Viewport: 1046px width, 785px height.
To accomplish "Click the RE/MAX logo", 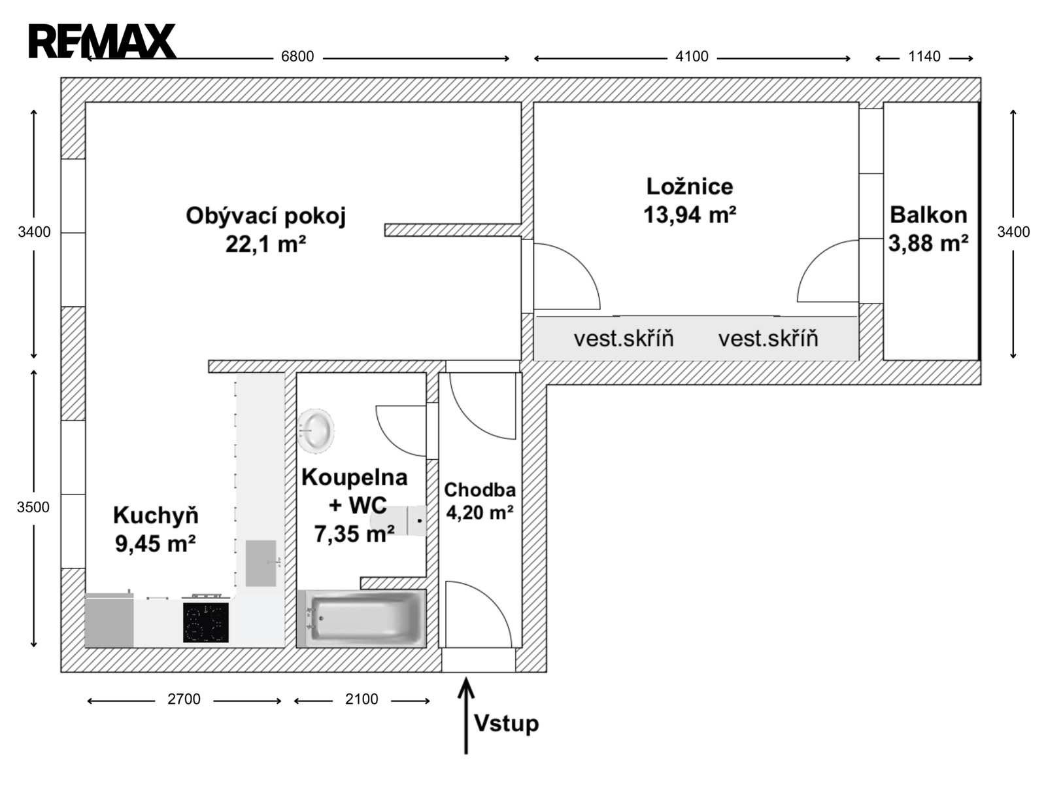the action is tap(103, 41).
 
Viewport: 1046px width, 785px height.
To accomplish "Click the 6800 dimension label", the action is tap(297, 57).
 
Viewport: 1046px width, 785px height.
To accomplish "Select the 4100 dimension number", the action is tap(692, 57).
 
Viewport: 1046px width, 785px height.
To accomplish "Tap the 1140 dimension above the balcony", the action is tap(924, 57).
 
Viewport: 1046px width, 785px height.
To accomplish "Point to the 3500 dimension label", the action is tap(33, 507).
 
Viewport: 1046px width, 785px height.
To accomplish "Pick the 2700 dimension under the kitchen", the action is tap(184, 699).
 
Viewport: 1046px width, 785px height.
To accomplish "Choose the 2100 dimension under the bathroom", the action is tap(362, 699).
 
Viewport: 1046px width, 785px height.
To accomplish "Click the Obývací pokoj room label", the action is tap(266, 216).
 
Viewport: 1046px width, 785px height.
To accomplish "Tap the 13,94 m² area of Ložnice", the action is tap(690, 215).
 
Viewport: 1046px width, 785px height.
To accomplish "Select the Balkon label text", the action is tap(928, 215).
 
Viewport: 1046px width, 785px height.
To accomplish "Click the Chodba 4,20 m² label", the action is tap(479, 501).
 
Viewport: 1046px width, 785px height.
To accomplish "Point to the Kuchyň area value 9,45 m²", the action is tap(156, 544).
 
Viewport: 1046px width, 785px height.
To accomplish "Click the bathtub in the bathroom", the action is tap(362, 619).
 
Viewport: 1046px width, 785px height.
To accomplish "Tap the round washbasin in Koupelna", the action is tap(316, 430).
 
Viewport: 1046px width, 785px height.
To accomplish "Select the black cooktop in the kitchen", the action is tap(206, 623).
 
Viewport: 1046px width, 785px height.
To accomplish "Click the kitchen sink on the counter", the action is tap(261, 563).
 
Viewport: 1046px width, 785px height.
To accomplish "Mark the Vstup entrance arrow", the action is tap(466, 716).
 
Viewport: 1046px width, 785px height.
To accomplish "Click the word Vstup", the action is tap(507, 724).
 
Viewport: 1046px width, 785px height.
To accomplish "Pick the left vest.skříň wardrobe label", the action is tap(624, 338).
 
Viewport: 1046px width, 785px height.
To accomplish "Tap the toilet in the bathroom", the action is tap(399, 521).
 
